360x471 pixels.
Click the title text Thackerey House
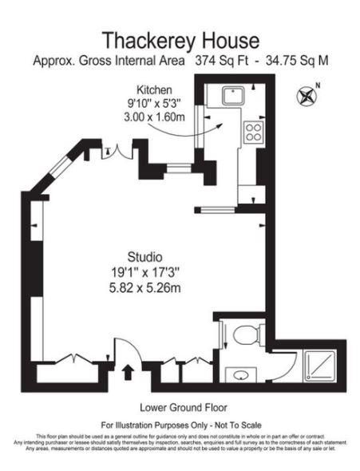click(x=180, y=40)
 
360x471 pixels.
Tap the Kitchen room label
click(x=154, y=89)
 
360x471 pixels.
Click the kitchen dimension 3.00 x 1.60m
click(x=154, y=117)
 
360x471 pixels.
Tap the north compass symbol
click(x=306, y=97)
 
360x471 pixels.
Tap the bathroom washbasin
click(x=239, y=372)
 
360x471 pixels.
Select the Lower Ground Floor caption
click(x=180, y=405)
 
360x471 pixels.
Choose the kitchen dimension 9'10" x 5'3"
click(x=154, y=103)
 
